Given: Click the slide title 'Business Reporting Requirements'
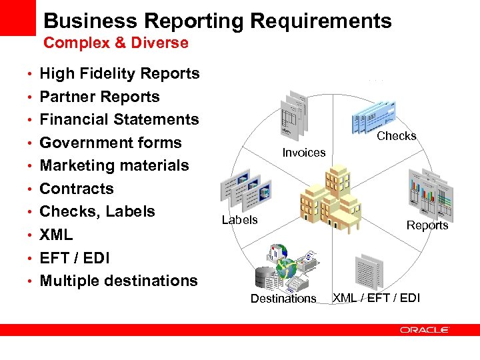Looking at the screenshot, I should [x=217, y=21].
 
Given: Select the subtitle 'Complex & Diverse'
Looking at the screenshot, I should [x=115, y=43].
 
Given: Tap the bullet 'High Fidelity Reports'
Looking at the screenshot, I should [x=119, y=73].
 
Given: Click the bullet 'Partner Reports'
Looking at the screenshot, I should [x=99, y=97].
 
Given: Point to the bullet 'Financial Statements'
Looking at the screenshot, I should [x=119, y=119].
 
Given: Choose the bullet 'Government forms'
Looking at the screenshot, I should [x=111, y=143].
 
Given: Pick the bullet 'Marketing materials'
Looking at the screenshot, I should [x=114, y=165].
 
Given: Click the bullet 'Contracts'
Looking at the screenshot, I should [x=77, y=189].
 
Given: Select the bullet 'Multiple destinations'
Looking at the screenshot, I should [x=119, y=281].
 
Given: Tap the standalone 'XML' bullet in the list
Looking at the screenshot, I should [x=56, y=235].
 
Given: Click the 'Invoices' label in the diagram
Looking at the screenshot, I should [x=303, y=153].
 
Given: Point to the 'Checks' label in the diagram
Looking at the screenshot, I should [x=397, y=136].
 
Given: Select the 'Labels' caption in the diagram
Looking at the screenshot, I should [x=239, y=220].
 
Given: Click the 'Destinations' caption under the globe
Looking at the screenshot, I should [x=283, y=299].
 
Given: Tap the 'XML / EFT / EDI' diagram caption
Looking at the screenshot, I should [x=377, y=297].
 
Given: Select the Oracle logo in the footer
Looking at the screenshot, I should [x=425, y=329].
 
